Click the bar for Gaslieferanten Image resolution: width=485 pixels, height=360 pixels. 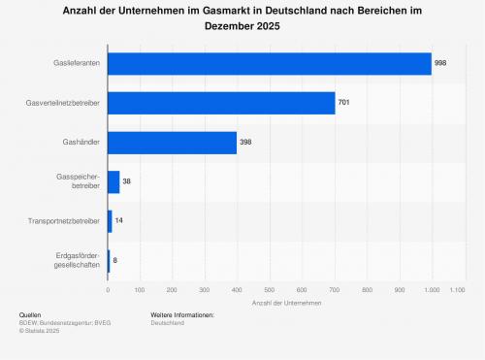coord(270,64)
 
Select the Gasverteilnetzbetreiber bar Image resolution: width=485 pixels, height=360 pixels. coord(221,103)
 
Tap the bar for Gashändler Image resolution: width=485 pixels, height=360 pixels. coord(172,143)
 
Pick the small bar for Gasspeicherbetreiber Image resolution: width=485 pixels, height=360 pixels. coord(113,182)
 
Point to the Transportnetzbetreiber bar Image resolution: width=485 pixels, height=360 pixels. coord(110,221)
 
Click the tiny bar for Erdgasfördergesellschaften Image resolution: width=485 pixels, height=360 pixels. coord(109,261)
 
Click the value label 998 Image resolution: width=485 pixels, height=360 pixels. coord(440,63)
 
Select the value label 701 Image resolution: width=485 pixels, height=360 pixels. coord(343,102)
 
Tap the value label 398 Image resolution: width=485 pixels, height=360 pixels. coord(245,142)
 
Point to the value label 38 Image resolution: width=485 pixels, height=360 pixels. coord(126,181)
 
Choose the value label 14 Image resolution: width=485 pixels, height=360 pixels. coord(119,220)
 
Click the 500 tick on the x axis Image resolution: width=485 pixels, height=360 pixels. coord(270,290)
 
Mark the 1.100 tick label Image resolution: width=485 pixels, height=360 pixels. coord(457,290)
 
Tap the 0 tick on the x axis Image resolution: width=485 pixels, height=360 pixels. coord(108,290)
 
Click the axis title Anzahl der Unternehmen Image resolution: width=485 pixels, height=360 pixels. coord(286,303)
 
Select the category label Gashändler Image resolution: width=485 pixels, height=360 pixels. coord(81,142)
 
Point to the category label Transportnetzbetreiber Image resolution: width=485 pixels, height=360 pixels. coord(64,221)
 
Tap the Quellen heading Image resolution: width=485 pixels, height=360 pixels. coord(30,315)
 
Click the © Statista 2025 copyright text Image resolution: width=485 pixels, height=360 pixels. coord(39,331)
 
